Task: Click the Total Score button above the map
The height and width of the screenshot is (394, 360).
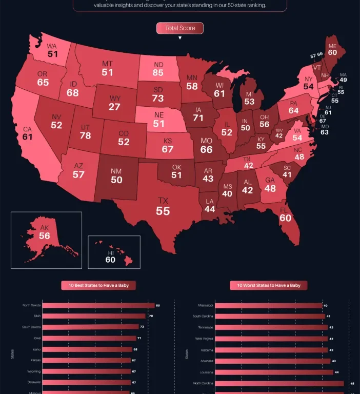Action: [x=180, y=28]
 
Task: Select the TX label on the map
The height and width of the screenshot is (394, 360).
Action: [x=163, y=200]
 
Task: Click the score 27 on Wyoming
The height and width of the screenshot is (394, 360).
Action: [x=114, y=107]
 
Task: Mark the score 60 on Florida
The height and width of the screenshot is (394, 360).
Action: [x=285, y=218]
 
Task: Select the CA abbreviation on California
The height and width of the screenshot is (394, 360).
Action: [x=27, y=129]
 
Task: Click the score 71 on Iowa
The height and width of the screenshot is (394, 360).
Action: [x=198, y=118]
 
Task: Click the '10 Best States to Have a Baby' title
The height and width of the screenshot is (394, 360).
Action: [x=95, y=285]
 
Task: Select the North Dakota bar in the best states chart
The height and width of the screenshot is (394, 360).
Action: [x=98, y=305]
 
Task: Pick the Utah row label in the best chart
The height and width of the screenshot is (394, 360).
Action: [x=37, y=316]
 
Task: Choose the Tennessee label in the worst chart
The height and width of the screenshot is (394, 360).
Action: [x=206, y=327]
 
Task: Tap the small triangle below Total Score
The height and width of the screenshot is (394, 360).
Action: [x=180, y=38]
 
